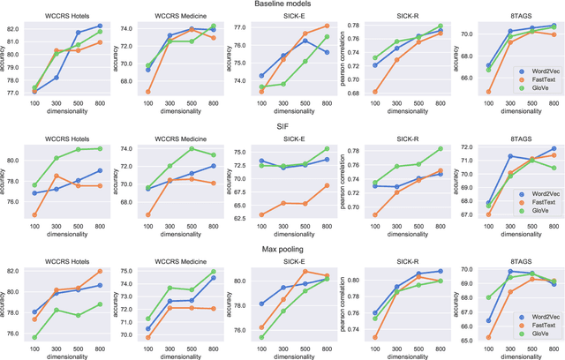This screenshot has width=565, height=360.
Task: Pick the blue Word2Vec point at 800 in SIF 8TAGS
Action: click(x=553, y=148)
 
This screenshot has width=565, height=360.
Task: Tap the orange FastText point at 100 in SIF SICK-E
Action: click(x=260, y=214)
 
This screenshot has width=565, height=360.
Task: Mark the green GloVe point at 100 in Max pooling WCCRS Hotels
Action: click(x=34, y=337)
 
